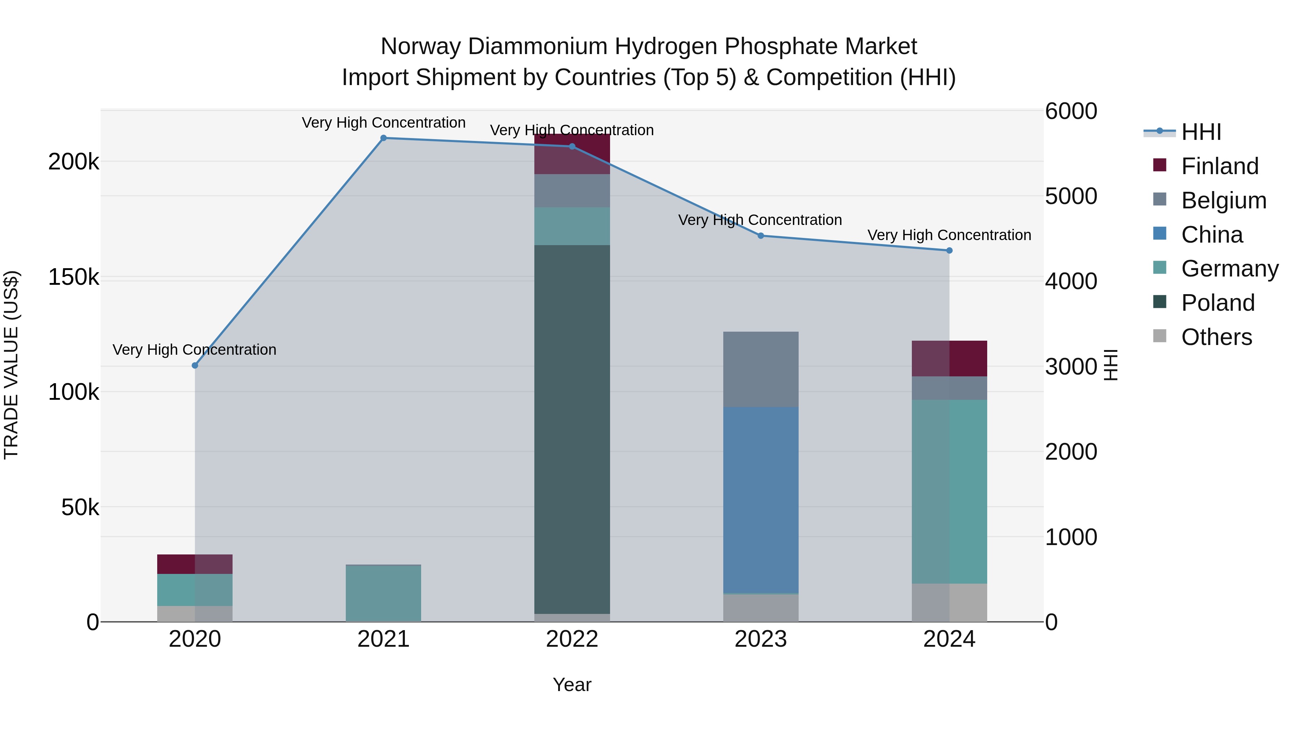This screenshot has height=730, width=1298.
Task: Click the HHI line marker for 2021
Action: [384, 138]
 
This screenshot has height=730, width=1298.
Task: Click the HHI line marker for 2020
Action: [195, 365]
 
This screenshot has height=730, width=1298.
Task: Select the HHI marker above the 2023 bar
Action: [761, 235]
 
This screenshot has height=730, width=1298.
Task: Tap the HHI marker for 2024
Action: [949, 251]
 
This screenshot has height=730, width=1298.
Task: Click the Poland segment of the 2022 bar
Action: [572, 428]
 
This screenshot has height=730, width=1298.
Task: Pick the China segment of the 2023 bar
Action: [761, 499]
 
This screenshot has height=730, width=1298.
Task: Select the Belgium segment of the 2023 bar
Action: [761, 369]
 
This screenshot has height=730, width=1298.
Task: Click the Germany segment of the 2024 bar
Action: [949, 491]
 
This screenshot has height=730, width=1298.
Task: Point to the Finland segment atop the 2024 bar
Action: [949, 358]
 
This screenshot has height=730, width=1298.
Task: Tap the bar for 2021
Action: [384, 593]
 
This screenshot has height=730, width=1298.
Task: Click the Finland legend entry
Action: [1219, 166]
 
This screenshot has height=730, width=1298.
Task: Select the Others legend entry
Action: [1217, 337]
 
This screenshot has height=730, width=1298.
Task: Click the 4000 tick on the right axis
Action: [1071, 281]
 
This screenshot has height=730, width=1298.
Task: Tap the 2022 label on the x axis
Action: [572, 639]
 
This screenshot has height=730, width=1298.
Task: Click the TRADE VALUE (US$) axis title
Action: [11, 365]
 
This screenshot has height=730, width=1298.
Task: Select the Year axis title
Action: [572, 685]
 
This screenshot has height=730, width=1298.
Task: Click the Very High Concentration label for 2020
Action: [194, 350]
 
